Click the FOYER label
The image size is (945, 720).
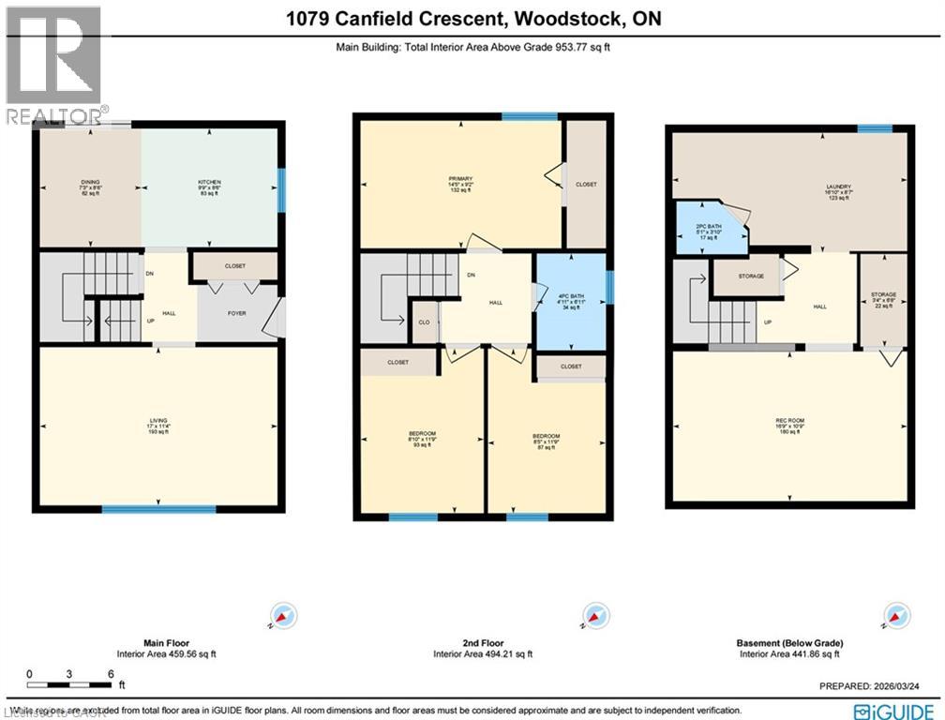237,313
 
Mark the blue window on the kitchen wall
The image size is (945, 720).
279,191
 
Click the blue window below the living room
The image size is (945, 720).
158,509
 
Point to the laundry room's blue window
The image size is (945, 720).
874,129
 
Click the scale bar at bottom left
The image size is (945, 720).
70,675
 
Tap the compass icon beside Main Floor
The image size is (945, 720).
283,616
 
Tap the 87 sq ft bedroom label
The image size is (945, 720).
547,440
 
